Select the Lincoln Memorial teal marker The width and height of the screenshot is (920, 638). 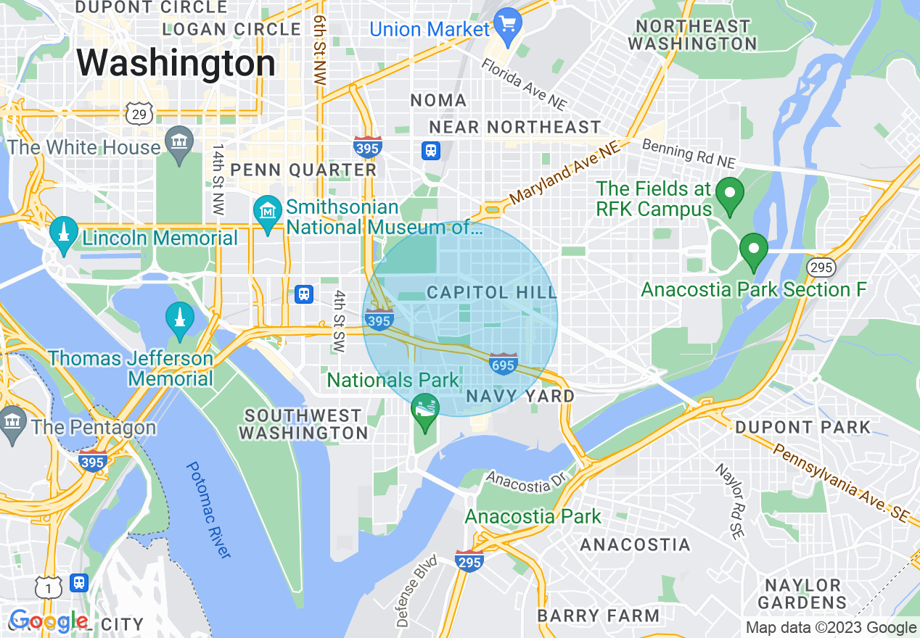(64, 233)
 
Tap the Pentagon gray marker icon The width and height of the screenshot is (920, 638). (14, 424)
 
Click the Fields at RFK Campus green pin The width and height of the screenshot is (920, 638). (729, 195)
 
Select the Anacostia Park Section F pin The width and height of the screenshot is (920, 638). (753, 251)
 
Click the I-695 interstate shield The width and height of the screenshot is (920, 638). (503, 363)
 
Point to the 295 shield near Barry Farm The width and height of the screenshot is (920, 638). (469, 560)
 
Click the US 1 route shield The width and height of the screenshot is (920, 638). (49, 588)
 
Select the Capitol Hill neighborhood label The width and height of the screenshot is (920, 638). (491, 293)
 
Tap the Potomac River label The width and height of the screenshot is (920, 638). (210, 510)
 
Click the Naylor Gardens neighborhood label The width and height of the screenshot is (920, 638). (802, 594)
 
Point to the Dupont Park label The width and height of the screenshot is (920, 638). (802, 427)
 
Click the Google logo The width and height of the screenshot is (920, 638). (48, 621)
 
